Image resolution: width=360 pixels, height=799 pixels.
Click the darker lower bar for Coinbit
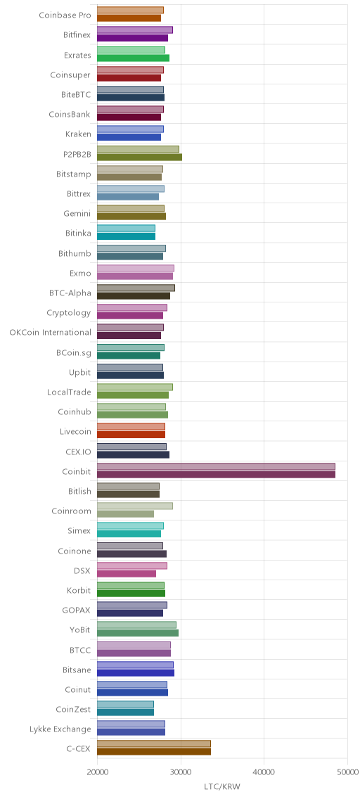tap(216, 475)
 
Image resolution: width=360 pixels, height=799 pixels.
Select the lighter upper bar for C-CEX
tap(154, 744)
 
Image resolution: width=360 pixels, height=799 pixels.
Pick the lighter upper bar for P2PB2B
tap(138, 149)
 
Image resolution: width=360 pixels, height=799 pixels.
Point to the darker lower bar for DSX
tap(127, 574)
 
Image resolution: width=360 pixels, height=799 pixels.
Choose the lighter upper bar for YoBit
tap(136, 625)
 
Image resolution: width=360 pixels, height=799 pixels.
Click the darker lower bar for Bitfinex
tap(132, 38)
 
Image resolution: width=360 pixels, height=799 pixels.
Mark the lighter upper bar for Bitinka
tap(126, 229)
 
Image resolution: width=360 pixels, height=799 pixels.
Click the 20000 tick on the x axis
tap(97, 772)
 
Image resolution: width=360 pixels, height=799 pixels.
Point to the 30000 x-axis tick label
tap(180, 772)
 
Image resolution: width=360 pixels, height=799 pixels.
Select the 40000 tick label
tap(264, 772)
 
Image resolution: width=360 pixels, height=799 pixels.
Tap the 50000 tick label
tap(347, 772)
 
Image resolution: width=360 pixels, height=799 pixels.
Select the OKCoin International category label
tap(51, 333)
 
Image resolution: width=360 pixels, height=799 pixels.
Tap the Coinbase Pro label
tap(65, 15)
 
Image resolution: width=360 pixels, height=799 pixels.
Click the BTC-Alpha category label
tap(70, 293)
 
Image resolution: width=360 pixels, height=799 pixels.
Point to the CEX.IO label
tap(79, 452)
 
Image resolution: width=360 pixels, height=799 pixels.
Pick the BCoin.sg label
tap(74, 352)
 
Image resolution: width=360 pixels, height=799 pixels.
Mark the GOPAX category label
tap(77, 610)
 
